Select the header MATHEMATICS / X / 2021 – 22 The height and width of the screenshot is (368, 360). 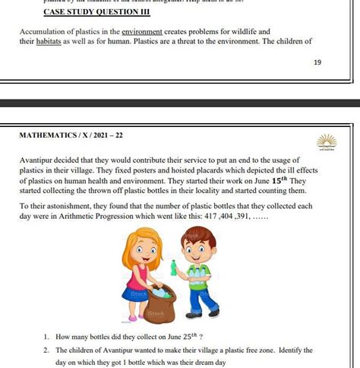click(71, 135)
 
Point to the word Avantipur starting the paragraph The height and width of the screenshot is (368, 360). click(39, 162)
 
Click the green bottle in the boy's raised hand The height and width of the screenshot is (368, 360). click(174, 267)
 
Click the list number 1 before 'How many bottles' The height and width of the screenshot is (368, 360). click(46, 335)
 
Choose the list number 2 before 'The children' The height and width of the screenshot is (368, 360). click(46, 351)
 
